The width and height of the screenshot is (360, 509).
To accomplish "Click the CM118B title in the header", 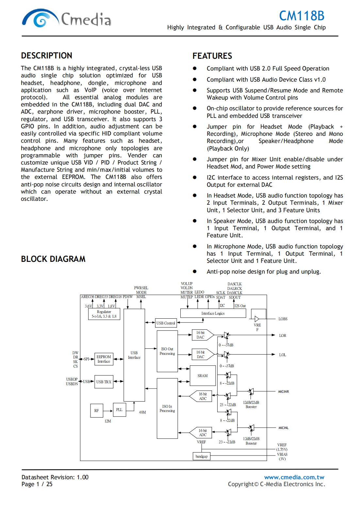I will click(x=301, y=16).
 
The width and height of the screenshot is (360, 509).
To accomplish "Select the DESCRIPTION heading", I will click(x=46, y=56).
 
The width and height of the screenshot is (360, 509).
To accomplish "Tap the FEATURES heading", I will click(x=212, y=56).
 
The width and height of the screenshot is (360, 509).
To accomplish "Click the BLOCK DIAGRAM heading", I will click(x=53, y=259).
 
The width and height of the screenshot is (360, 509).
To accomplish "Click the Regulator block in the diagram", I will click(x=104, y=314).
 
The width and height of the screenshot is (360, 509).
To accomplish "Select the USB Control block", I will click(x=166, y=323).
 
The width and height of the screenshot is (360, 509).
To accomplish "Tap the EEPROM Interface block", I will click(x=104, y=359).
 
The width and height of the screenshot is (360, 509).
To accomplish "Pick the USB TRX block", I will click(x=104, y=382).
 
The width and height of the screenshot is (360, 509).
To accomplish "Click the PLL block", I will click(x=119, y=410).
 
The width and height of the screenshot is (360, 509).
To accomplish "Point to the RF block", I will click(x=96, y=411).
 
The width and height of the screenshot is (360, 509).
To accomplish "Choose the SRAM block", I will click(x=203, y=376).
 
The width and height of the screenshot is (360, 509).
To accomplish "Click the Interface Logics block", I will click(x=213, y=313).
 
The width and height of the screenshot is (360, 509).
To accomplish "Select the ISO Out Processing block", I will click(x=167, y=351).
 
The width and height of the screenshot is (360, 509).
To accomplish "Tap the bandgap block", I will click(x=202, y=456).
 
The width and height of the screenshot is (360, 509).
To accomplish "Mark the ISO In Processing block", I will click(x=167, y=408).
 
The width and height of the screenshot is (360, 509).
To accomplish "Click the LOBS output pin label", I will click(x=283, y=319).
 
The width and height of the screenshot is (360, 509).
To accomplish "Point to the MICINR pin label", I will click(x=283, y=391).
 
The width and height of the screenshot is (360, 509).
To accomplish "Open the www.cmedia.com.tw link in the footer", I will click(x=294, y=477).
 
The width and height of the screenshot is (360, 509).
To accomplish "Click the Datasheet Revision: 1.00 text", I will click(x=55, y=477).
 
